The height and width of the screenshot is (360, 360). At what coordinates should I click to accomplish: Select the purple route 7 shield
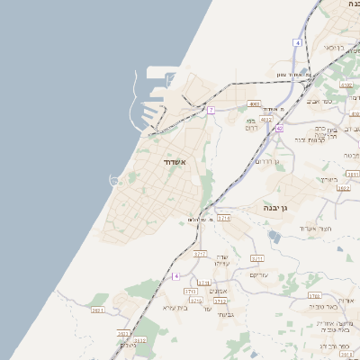coord(211,110)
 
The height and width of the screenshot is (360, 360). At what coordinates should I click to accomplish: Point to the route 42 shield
coord(280,129)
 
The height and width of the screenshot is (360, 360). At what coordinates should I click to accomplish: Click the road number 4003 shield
coord(256,103)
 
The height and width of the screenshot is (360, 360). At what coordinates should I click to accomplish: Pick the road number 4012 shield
coord(265,119)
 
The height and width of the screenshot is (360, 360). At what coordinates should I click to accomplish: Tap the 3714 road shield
coord(224,218)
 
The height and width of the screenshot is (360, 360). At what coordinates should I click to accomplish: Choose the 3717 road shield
coord(200,254)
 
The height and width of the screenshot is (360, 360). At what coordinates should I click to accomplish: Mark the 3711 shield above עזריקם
coord(256,258)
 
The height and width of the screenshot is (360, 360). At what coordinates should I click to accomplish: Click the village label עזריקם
coord(259,274)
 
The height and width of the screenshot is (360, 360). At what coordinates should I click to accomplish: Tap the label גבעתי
coord(226,315)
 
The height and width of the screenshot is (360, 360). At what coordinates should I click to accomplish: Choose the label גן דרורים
coord(267,161)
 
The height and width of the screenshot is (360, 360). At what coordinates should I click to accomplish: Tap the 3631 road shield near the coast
coord(98,310)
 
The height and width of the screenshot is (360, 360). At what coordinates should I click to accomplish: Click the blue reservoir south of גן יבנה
coord(274,236)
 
